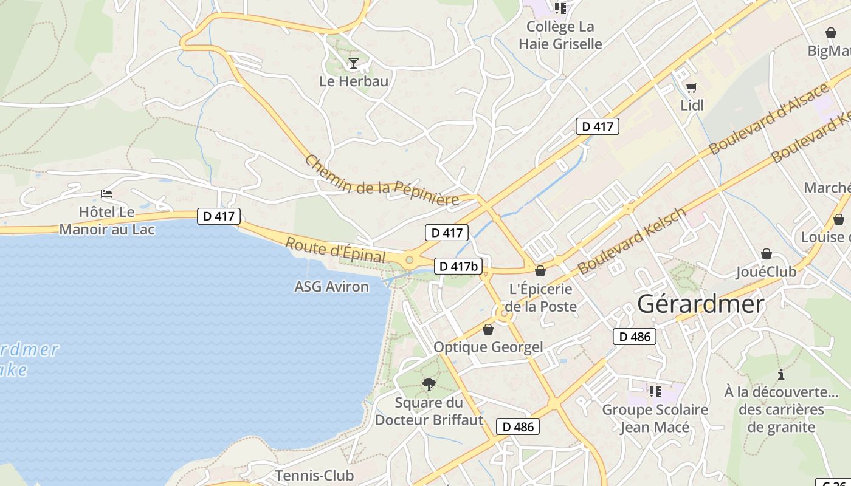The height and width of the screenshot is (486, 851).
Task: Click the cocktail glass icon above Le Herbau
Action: coord(353,63)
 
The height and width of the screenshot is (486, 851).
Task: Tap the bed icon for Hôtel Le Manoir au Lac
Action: coord(107,194)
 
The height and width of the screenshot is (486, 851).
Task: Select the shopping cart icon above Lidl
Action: coord(691,87)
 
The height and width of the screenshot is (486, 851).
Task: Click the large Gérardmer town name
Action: coord(700,304)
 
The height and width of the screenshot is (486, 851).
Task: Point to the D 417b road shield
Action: coord(458,266)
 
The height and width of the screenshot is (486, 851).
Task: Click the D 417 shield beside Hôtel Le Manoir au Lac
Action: coord(219,216)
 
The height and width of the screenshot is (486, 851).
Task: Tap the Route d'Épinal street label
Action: coord(336,251)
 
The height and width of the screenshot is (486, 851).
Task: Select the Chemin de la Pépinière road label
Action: coord(381,180)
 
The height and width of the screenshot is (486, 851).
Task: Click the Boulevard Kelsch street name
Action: coord(632,241)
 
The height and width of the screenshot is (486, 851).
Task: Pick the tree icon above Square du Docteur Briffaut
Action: coord(429,384)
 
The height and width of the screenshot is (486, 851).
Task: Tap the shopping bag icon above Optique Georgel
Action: coord(488,329)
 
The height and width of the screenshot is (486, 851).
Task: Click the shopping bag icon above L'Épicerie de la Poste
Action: coord(540,271)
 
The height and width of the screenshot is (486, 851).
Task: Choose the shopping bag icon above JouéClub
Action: coord(766,254)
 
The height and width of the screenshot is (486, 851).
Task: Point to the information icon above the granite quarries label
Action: coord(781,374)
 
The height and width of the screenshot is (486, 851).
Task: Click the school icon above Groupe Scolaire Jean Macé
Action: coord(655,391)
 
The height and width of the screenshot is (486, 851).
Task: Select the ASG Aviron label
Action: coord(331,287)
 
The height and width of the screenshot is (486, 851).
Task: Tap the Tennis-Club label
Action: coord(314,475)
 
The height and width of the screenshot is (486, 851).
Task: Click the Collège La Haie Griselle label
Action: coord(560,35)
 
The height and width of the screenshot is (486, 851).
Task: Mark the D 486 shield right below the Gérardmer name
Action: coord(635,337)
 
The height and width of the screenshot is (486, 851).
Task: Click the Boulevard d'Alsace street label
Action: coord(768,118)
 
